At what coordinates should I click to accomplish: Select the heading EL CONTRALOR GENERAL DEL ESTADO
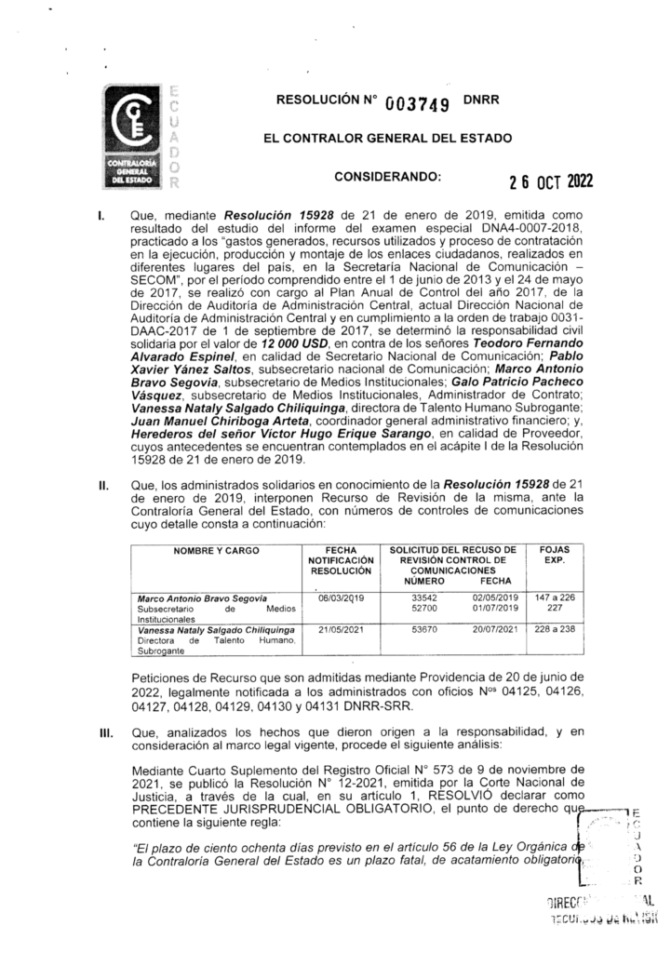tap(387, 139)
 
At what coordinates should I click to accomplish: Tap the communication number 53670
tap(424, 630)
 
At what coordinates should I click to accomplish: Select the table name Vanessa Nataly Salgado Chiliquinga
tap(216, 630)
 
